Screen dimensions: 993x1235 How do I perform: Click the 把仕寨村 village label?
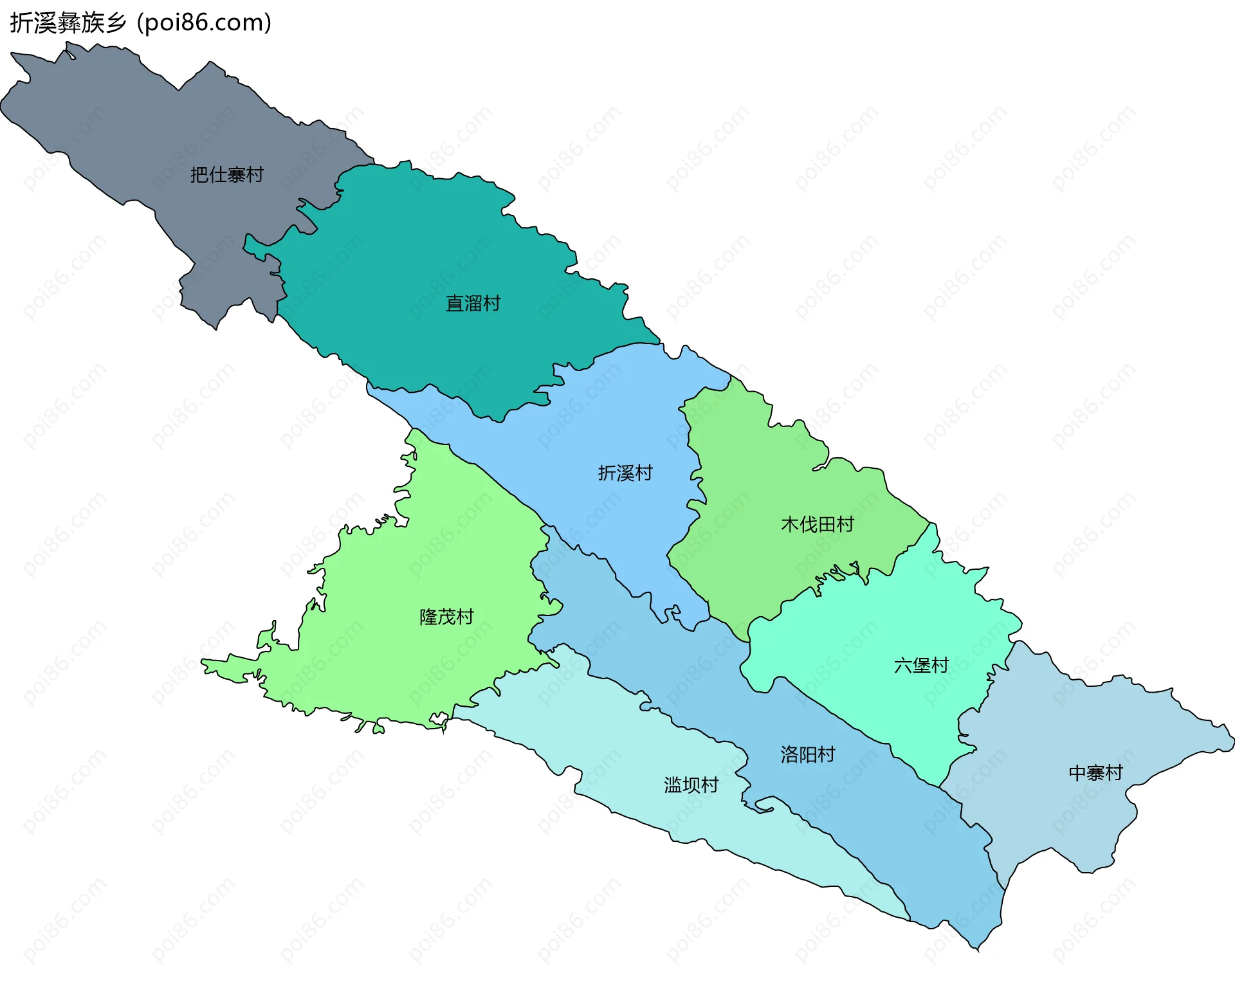[x=226, y=174]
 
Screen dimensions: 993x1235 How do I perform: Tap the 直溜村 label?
[x=473, y=303]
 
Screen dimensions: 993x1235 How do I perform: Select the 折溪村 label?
[x=625, y=473]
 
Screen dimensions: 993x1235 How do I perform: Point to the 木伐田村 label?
[x=817, y=524]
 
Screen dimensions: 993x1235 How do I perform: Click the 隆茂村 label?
[x=446, y=617]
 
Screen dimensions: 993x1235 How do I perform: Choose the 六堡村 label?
[x=921, y=665]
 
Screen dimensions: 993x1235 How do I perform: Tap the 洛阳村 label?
[x=807, y=754]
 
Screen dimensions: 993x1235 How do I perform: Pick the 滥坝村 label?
[x=691, y=785]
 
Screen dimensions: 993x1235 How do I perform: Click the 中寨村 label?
[x=1095, y=772]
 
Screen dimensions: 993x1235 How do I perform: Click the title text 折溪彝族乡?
[x=68, y=23]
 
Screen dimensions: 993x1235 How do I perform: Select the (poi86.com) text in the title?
[x=205, y=23]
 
